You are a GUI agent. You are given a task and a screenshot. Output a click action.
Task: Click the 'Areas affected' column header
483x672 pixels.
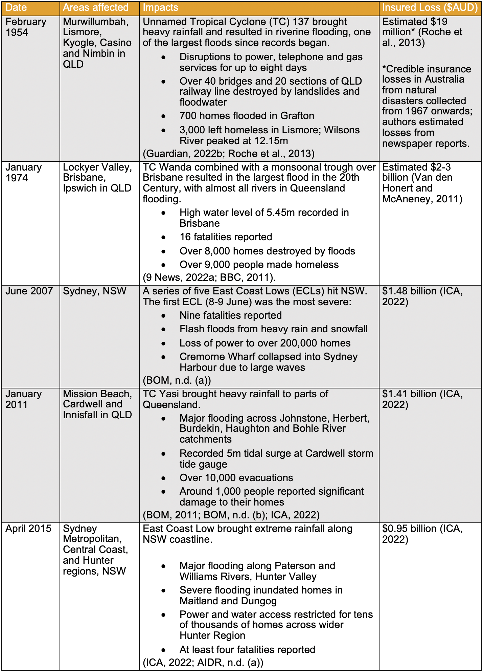tap(96, 7)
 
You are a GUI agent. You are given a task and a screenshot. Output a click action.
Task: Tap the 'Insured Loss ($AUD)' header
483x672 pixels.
tap(430, 7)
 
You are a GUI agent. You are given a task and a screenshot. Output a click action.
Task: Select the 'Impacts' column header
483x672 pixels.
tap(160, 7)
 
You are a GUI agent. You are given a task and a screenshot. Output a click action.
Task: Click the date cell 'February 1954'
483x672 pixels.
tap(26, 27)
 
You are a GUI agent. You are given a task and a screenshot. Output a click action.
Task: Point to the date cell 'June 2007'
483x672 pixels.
tap(29, 291)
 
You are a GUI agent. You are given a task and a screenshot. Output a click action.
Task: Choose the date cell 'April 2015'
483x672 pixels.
tap(28, 529)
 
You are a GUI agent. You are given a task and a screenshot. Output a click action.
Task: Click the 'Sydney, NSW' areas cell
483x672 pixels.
tap(95, 291)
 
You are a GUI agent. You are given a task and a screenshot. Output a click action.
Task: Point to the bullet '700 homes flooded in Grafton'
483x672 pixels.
tap(247, 116)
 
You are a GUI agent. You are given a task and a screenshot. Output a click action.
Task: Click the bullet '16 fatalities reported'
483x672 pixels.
tap(226, 237)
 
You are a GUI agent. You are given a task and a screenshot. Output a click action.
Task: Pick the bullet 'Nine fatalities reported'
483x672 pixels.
tap(230, 315)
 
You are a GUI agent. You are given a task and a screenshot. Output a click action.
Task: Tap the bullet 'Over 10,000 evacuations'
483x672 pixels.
tap(236, 478)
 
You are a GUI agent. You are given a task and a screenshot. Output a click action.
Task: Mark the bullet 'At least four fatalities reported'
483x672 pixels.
tap(247, 650)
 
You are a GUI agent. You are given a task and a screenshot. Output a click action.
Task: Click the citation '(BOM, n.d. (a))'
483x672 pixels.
tap(177, 380)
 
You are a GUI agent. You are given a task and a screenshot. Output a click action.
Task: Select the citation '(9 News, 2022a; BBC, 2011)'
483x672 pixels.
tap(209, 277)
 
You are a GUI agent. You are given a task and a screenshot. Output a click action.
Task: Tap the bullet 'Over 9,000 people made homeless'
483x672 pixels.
tap(259, 265)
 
